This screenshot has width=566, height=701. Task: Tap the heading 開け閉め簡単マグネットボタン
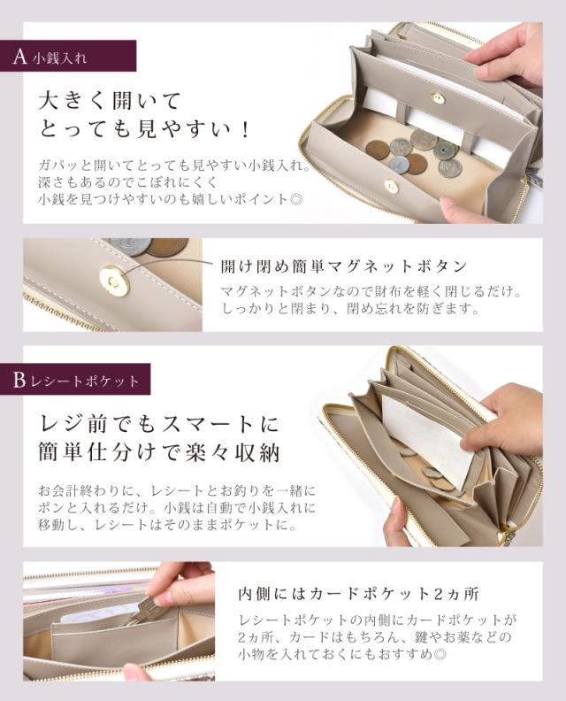tap(343, 266)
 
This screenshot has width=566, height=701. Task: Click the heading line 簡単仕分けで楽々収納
tap(158, 453)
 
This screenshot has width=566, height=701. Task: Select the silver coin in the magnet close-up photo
tap(129, 246)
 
